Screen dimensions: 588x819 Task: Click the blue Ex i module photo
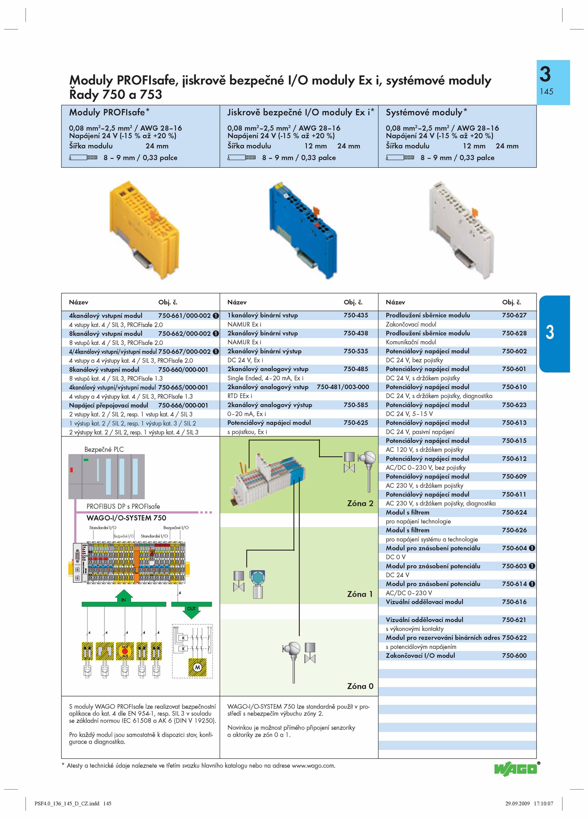pos(302,230)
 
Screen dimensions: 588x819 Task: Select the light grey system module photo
pos(461,230)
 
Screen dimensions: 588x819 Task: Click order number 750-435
pos(356,315)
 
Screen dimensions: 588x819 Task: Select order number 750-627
pos(514,315)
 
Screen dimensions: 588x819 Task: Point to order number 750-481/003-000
pos(343,387)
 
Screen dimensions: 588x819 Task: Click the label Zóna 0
pos(360,686)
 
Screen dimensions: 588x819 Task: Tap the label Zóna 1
pos(360,594)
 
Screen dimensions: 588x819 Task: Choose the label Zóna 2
pos(360,503)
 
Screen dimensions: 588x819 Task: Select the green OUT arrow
pos(191,610)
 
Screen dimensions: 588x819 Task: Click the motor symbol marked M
pos(198,667)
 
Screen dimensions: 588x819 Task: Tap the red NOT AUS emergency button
pos(125,651)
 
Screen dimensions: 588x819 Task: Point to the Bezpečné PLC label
pos(104,450)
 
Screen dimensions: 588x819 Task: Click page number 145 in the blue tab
pos(546,92)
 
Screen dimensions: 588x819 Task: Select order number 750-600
pos(514,656)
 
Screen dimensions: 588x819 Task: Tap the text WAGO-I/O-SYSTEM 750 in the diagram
pos(126,518)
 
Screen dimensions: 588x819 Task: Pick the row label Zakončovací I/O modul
pos(420,656)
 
